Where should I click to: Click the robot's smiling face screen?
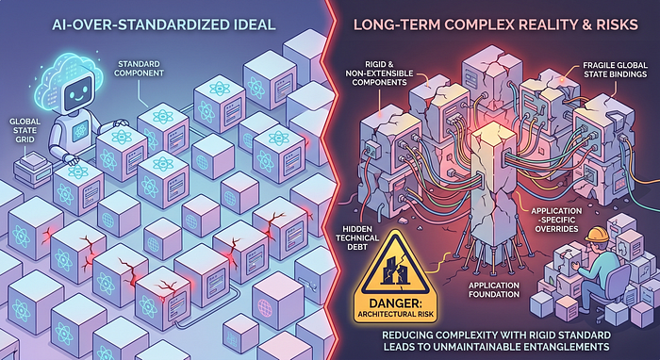point(78,90)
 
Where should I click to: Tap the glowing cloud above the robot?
point(70,80)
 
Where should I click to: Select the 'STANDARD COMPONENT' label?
point(144,69)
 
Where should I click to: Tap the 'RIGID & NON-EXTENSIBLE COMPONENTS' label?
point(383,74)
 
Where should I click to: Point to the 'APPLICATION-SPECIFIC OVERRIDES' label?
point(554,220)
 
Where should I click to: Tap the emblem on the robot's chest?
point(79,133)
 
